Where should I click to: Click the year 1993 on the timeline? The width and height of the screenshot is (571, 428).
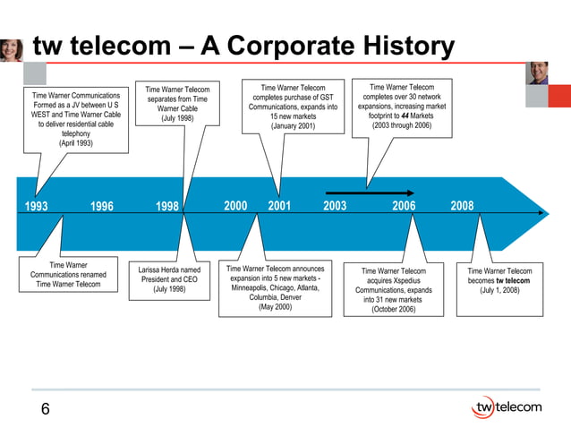click(36, 206)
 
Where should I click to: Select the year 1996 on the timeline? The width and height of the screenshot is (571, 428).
click(102, 206)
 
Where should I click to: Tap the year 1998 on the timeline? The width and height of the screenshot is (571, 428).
click(166, 206)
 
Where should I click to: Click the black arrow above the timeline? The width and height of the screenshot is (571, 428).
click(370, 193)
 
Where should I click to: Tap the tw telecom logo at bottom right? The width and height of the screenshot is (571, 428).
click(506, 407)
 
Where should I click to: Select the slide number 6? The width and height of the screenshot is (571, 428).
click(45, 410)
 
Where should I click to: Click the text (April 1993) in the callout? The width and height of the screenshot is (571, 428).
click(76, 143)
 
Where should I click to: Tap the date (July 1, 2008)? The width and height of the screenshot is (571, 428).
click(499, 290)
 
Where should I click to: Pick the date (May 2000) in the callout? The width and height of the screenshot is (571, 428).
click(276, 308)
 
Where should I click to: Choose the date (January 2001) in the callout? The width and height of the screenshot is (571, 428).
click(293, 127)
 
